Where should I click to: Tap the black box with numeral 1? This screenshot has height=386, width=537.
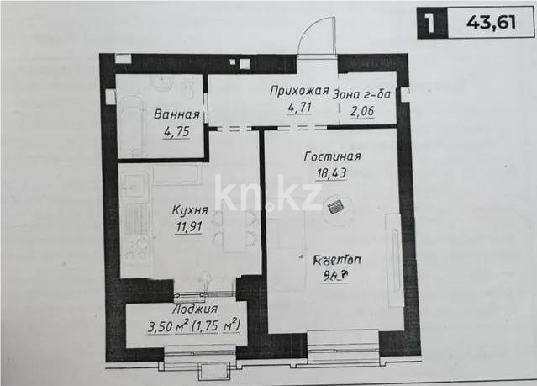pos(430,23)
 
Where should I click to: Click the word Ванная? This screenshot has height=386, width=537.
pos(176,115)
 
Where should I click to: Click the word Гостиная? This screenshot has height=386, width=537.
pos(334,156)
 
